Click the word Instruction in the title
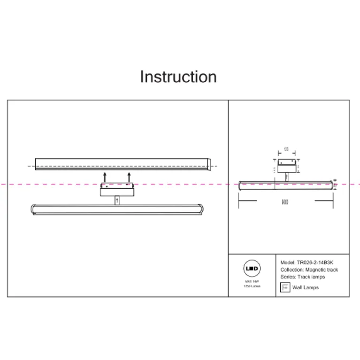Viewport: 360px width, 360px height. click(178, 77)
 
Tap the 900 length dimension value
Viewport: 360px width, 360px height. click(285, 202)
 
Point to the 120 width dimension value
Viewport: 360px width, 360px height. click(286, 151)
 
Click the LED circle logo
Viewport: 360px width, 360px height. click(252, 269)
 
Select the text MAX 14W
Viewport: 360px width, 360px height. click(252, 281)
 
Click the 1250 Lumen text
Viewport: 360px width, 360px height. click(252, 286)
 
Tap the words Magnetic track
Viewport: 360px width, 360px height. click(322, 270)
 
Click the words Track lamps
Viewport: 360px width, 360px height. click(311, 277)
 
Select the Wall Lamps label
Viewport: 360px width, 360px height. click(305, 288)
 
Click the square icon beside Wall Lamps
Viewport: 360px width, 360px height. click(284, 288)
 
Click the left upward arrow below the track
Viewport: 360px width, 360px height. click(105, 178)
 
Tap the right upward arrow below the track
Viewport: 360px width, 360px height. click(129, 178)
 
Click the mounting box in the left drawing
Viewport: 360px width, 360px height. click(117, 190)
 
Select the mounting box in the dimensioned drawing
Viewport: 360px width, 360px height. click(286, 167)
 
